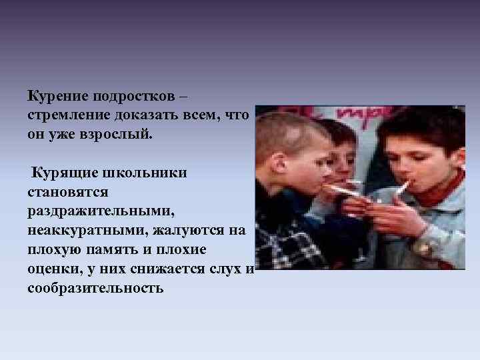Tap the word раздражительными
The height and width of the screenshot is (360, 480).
pos(98,211)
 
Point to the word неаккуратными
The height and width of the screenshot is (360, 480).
pos(88,231)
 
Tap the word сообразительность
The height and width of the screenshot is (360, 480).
pos(95,289)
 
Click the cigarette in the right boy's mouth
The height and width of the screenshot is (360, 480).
pos(402,187)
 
